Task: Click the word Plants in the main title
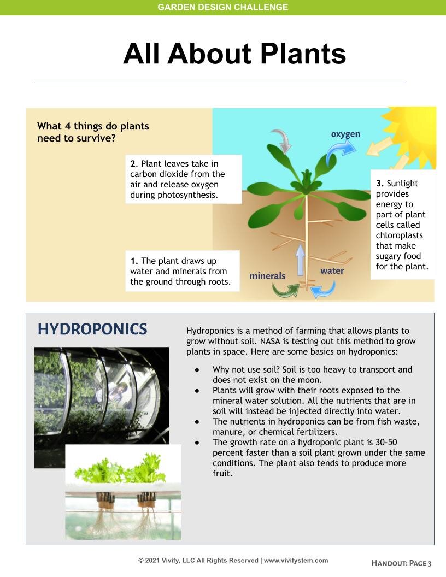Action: tap(302, 54)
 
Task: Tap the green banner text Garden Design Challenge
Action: tap(222, 7)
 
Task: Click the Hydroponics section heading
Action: tap(92, 329)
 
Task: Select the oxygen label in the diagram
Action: tap(345, 134)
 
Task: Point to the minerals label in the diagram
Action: tap(267, 276)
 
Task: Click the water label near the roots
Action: tap(332, 270)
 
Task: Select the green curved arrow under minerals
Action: tap(286, 290)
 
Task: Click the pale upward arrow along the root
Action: tap(300, 260)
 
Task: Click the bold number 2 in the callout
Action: tap(133, 163)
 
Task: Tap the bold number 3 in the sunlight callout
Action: tap(379, 184)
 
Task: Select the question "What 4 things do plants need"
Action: tap(93, 132)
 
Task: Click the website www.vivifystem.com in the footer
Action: tap(296, 560)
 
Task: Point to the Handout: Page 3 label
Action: tap(402, 563)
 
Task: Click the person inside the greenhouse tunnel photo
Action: tap(116, 394)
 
